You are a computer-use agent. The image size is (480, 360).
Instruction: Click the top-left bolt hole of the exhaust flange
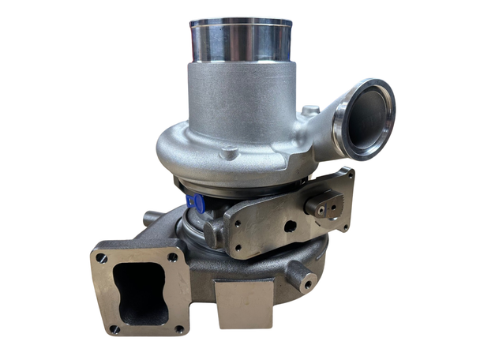tap(100, 257)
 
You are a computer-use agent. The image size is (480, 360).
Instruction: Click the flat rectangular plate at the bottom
tap(245, 303)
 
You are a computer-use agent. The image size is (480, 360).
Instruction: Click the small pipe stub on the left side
tap(152, 216)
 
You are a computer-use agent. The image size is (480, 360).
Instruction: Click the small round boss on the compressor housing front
tap(229, 152)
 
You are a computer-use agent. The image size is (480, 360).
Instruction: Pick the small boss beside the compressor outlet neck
tap(310, 110)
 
